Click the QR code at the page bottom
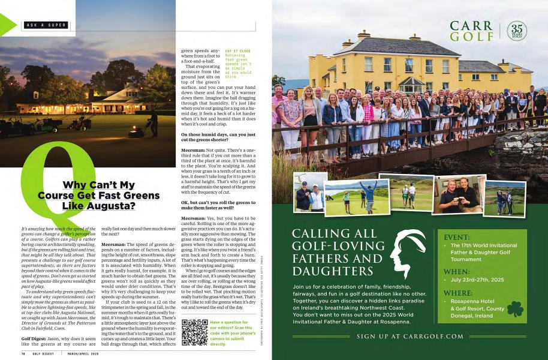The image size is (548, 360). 194,332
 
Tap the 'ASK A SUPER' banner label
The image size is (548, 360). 45,25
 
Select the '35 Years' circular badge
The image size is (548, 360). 517,31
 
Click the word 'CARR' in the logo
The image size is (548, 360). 471,26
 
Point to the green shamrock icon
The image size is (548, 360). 515,308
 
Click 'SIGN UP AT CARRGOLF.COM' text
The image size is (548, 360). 410,337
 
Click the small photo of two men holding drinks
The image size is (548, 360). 458,194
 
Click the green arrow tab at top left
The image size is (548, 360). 8,25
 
